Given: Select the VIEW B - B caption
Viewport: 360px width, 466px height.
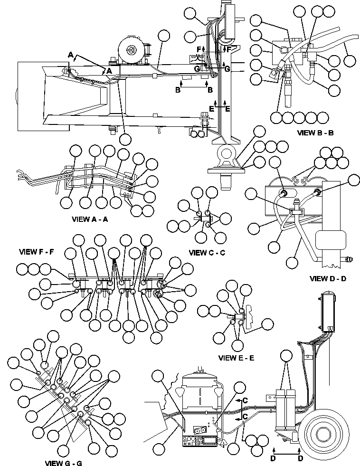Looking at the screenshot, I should [x=315, y=133].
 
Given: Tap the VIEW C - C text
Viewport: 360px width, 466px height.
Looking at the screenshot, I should [x=207, y=253].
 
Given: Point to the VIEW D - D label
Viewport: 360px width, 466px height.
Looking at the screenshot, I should [x=327, y=278].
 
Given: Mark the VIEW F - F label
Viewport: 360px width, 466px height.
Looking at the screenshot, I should [x=37, y=251].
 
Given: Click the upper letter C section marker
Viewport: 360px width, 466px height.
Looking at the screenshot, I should [x=245, y=400].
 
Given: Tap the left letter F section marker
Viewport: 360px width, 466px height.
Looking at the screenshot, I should [x=199, y=49].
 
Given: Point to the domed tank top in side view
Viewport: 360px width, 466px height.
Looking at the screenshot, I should [x=199, y=380].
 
